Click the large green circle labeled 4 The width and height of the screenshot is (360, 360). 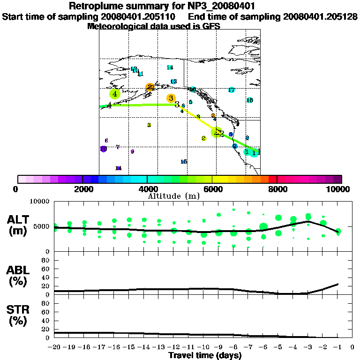tap(115, 94)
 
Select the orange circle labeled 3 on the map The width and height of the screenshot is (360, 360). tap(171, 98)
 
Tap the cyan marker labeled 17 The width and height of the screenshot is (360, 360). tap(232, 90)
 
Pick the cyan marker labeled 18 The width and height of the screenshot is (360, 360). tap(250, 100)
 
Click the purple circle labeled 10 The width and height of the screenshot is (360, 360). tap(104, 149)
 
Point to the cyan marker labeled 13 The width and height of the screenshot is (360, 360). tap(173, 82)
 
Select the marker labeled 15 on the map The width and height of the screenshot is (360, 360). tap(184, 162)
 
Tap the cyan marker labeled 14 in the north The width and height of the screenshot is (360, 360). tap(170, 67)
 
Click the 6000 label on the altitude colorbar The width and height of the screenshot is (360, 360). tap(212, 189)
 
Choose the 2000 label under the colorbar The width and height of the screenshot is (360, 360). tap(82, 189)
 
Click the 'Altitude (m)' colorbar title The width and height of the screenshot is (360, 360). tap(167, 195)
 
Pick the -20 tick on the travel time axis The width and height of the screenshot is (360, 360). tap(55, 347)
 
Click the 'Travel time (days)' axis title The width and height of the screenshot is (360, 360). tap(205, 355)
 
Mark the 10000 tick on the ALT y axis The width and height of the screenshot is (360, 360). tap(41, 201)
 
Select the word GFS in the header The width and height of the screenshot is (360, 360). tap(210, 26)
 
